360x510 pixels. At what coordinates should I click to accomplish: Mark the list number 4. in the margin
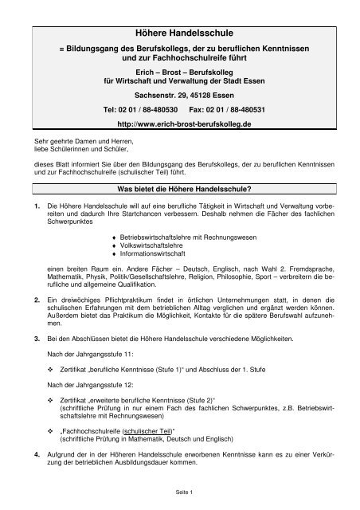click(27, 453)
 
